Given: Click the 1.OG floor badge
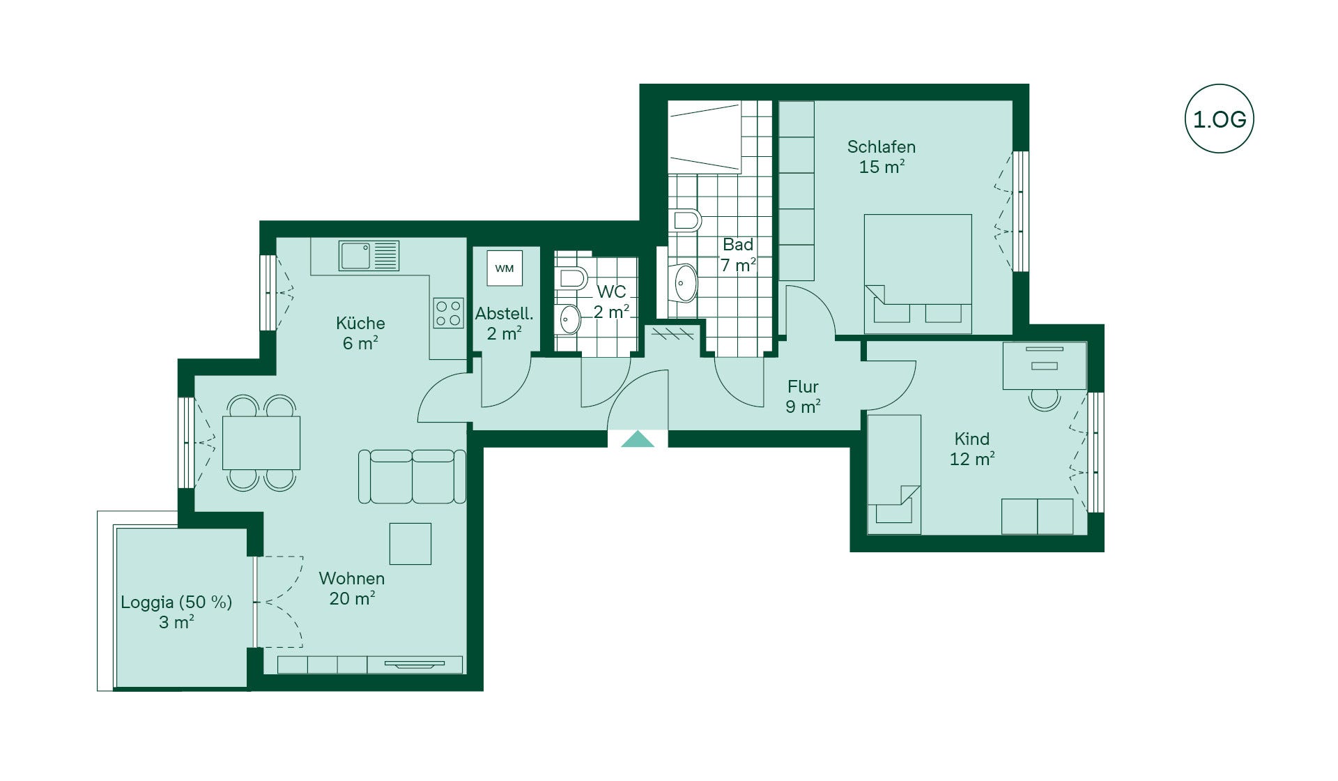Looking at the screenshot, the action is [1219, 119].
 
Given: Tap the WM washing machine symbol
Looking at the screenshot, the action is [504, 268].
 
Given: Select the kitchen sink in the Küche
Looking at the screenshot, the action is [369, 256].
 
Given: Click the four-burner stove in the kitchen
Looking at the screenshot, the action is [448, 313].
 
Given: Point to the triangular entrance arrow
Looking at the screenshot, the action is [638, 439].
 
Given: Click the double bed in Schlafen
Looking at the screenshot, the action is [918, 273].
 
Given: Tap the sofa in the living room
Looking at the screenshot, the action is [412, 476].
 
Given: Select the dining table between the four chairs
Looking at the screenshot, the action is [261, 443].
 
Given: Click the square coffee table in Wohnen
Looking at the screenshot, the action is [410, 543].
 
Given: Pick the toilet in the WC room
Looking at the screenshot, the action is [573, 278].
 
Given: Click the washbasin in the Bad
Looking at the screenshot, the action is [685, 282].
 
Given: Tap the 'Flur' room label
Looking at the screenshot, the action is [803, 386].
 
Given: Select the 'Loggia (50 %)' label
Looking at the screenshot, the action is [176, 602].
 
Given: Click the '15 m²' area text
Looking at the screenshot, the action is [882, 167].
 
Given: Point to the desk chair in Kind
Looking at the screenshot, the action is [1045, 399].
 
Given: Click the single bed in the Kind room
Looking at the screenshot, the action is [894, 475].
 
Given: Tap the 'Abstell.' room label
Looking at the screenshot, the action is [504, 314].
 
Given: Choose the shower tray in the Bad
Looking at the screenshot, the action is [704, 137].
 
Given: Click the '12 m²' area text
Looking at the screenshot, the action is [972, 459].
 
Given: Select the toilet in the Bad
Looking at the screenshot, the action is [686, 220].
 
